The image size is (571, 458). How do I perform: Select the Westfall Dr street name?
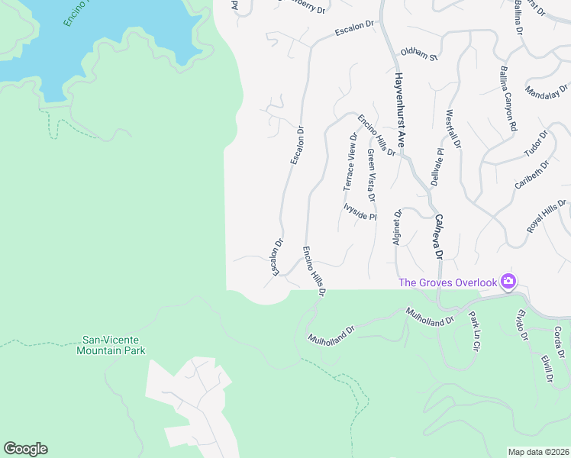pos(453,128)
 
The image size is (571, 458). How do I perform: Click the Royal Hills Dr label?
pos(547,217)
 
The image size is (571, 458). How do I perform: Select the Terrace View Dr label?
pos(350,163)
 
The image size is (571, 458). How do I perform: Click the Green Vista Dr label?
pos(371,175)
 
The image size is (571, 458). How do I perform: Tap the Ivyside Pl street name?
pos(360,211)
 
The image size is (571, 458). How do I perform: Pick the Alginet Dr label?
pos(397,227)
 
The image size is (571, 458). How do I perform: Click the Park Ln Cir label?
pos(474,331)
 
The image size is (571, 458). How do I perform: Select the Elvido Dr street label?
pos(523,324)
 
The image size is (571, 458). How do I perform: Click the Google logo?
pos(25,449)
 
